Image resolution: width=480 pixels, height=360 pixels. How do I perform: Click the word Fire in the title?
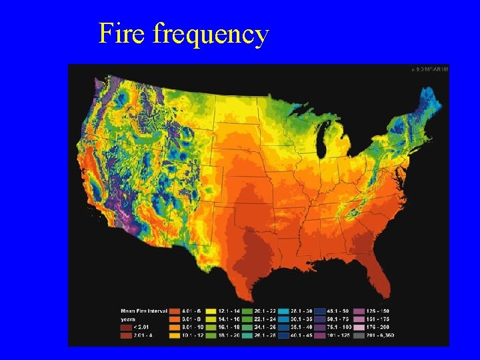click(x=122, y=33)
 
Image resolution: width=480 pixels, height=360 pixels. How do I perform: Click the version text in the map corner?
click(x=429, y=69)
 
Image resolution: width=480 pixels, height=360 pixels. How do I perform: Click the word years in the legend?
click(x=128, y=318)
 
